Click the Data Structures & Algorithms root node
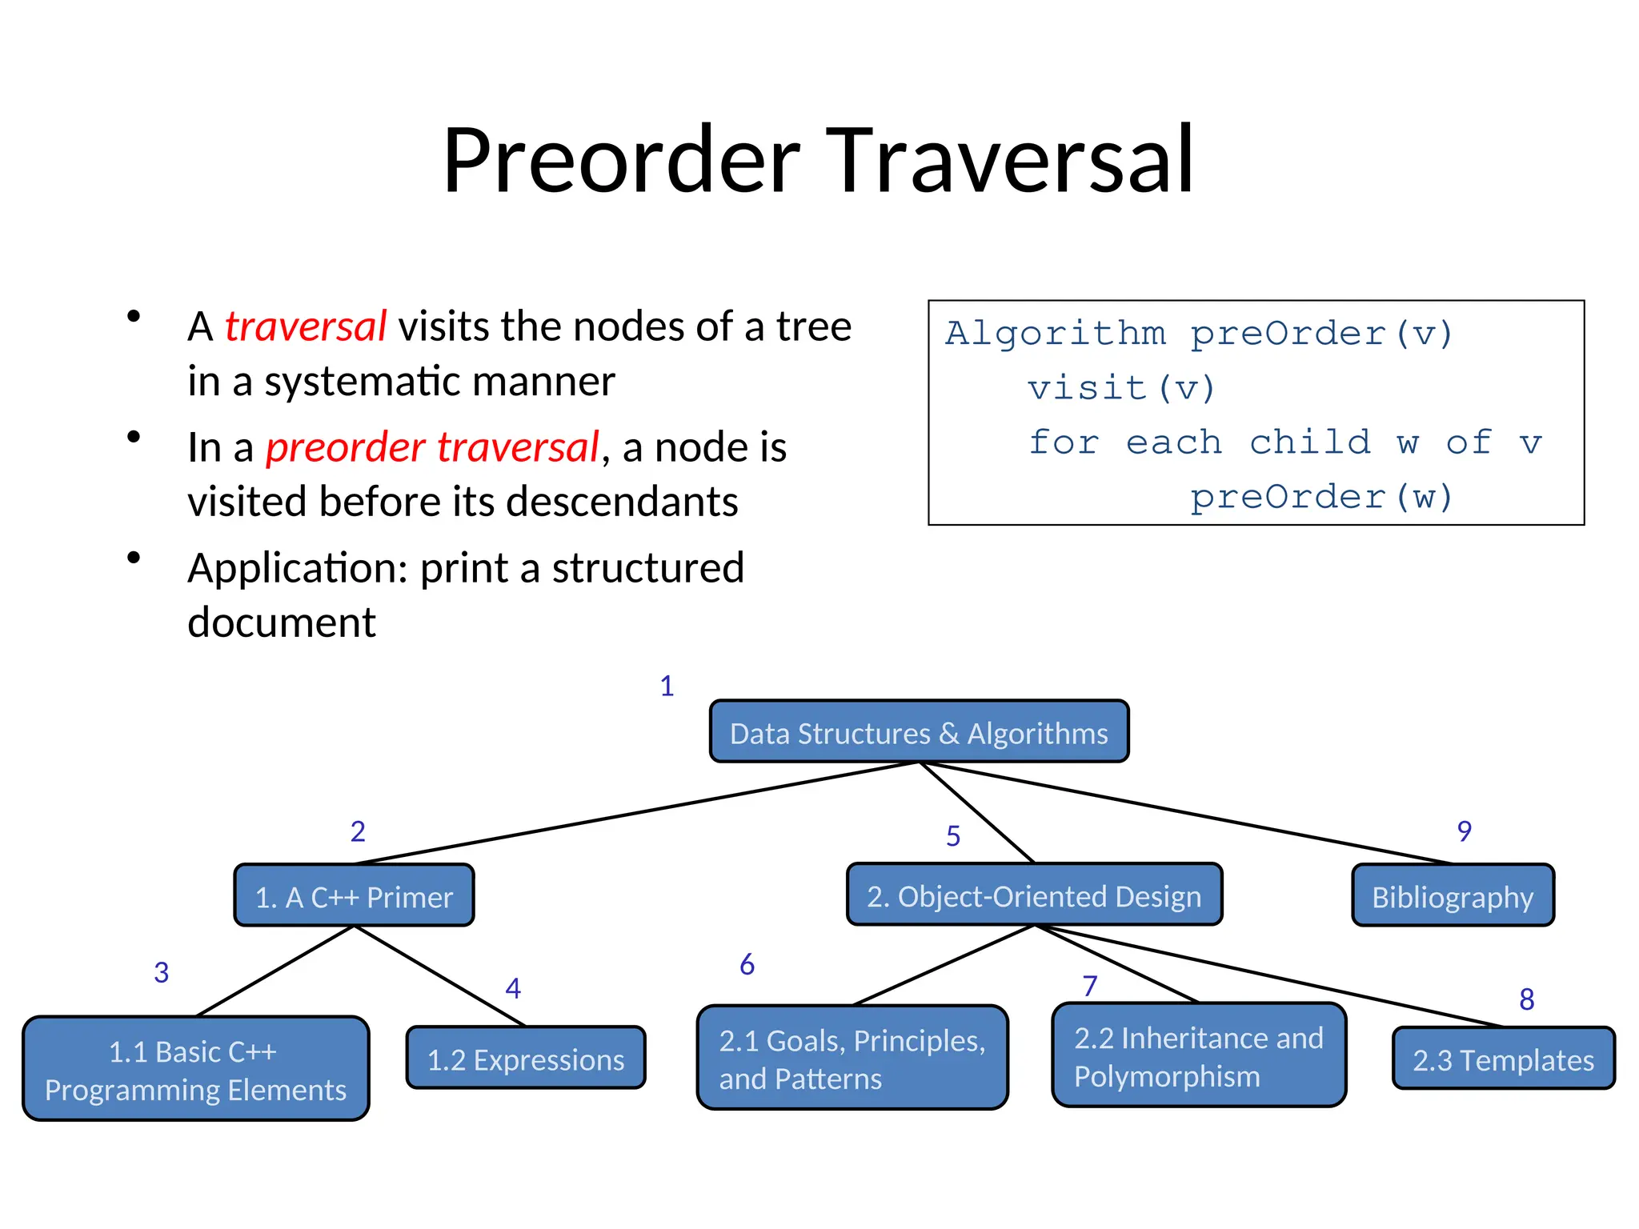pos(919,732)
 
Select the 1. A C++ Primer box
pos(354,896)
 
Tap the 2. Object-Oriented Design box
pos(1034,895)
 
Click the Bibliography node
pos(1453,896)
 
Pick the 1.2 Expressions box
pos(526,1059)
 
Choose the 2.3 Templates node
pos(1503,1059)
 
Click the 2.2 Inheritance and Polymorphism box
pos(1198,1056)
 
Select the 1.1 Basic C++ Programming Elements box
pos(195,1070)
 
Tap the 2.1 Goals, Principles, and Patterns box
pos(852,1059)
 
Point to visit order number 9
pos(1464,831)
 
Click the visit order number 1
pos(667,687)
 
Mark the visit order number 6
pos(747,965)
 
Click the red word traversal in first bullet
pos(306,326)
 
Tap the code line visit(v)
pos(1120,389)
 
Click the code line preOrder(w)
pos(1320,497)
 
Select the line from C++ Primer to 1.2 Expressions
pos(440,976)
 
